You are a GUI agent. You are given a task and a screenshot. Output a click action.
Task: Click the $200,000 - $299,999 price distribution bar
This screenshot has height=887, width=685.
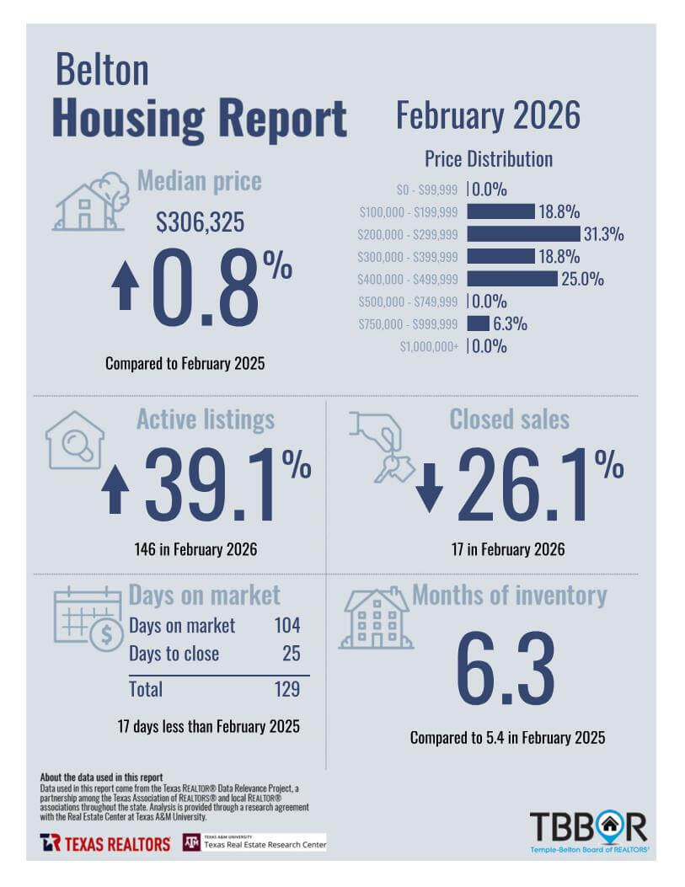[x=523, y=233]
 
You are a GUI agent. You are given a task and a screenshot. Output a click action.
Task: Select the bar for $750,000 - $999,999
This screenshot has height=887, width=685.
[x=478, y=323]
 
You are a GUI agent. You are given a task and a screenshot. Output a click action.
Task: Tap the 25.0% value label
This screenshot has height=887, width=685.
[x=582, y=279]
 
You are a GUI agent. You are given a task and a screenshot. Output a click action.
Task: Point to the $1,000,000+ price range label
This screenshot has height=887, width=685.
[x=429, y=346]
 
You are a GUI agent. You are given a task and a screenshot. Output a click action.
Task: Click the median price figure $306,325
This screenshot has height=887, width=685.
[x=201, y=222]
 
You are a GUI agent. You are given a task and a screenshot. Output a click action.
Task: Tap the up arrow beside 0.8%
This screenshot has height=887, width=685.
[x=126, y=286]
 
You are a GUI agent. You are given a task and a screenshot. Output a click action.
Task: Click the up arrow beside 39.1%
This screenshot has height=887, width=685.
[x=115, y=489]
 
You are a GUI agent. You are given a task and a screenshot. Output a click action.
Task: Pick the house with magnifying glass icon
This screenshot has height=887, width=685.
[x=75, y=440]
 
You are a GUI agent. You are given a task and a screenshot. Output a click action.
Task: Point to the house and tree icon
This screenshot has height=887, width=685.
[x=91, y=203]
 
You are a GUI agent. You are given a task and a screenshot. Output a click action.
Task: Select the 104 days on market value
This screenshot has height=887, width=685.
[x=286, y=626]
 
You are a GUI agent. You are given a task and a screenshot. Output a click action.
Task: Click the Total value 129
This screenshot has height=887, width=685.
[x=286, y=689]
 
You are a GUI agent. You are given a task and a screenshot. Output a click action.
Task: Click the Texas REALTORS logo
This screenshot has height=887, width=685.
[x=105, y=842]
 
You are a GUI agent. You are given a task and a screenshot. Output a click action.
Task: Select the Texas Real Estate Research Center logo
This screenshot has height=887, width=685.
[x=254, y=842]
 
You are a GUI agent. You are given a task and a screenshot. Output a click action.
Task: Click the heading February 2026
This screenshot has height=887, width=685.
[x=488, y=115]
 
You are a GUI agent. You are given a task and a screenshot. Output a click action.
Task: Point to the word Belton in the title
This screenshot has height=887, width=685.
[x=102, y=70]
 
